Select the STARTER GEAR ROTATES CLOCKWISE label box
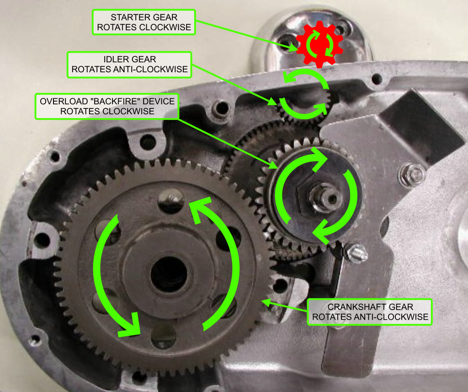[144, 22]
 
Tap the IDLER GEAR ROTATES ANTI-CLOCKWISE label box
[129, 64]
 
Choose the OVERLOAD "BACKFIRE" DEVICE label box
[107, 107]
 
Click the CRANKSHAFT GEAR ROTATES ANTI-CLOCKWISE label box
[370, 312]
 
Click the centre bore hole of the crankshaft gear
[169, 274]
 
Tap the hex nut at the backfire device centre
[324, 198]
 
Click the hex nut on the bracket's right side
[413, 174]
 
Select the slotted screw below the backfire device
[356, 253]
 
